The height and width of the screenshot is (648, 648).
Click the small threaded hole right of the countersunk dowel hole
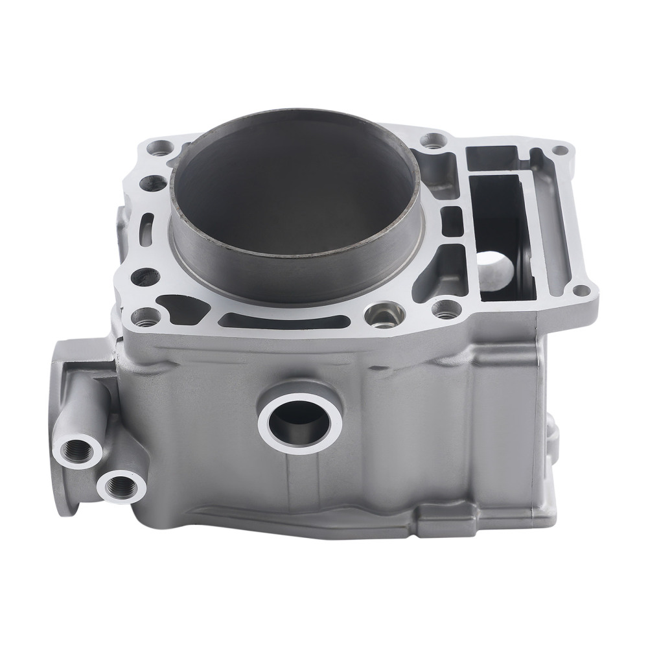443,310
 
